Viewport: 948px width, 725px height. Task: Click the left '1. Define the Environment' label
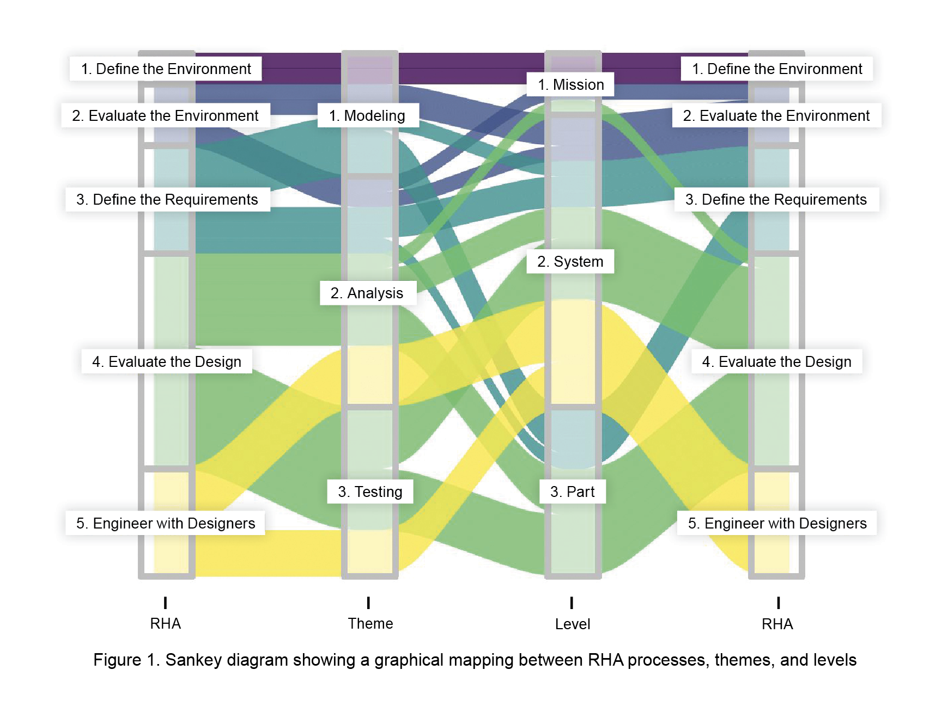point(166,69)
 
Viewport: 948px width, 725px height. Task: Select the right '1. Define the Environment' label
point(776,69)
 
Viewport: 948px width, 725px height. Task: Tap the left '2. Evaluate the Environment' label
point(165,116)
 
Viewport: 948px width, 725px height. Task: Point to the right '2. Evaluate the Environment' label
point(776,116)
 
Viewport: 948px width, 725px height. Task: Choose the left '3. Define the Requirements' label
point(167,200)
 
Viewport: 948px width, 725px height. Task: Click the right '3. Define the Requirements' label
point(776,200)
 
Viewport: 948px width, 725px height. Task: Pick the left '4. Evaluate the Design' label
point(166,362)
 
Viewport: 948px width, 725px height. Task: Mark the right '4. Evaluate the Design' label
point(776,362)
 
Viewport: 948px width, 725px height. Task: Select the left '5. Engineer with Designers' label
point(166,524)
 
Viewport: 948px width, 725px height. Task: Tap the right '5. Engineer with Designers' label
point(777,524)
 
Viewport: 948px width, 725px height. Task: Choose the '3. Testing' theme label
point(370,492)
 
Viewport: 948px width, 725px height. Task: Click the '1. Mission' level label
point(570,85)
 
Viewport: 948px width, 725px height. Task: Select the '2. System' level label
point(570,262)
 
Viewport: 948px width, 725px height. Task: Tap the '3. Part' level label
point(572,492)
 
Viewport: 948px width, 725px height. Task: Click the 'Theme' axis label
point(370,624)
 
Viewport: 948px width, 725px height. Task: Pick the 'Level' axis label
point(573,624)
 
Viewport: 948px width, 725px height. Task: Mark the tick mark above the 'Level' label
point(572,603)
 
